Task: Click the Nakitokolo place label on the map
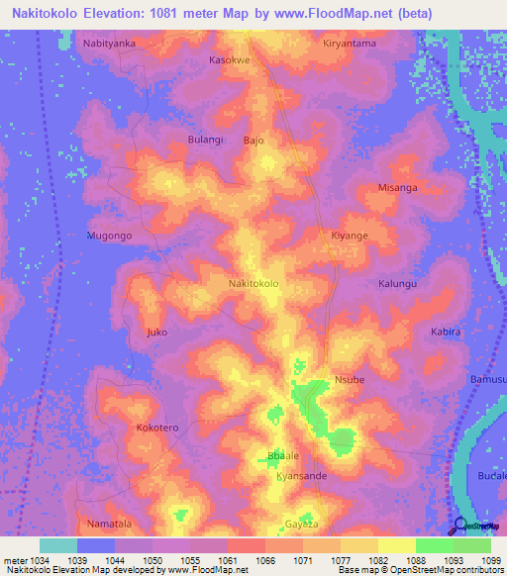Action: (x=253, y=284)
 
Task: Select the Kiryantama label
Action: (x=351, y=45)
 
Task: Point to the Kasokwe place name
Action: (x=230, y=59)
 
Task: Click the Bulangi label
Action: (x=206, y=140)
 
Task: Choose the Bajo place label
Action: (x=253, y=141)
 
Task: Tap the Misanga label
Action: (x=398, y=187)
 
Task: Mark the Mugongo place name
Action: (x=109, y=237)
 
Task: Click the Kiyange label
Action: (x=349, y=236)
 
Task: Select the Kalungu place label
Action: (x=398, y=284)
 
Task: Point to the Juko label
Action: (x=156, y=332)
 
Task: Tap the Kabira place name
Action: (x=446, y=332)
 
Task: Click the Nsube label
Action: (x=350, y=380)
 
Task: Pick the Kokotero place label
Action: (x=156, y=428)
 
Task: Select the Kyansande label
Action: (x=301, y=476)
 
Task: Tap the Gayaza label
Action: (x=301, y=523)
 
